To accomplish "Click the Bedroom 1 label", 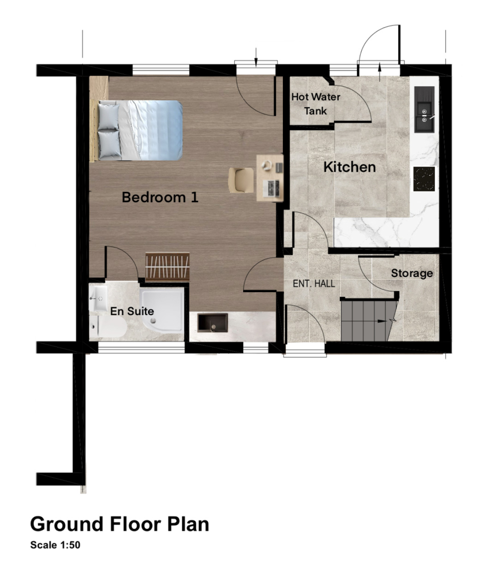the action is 160,198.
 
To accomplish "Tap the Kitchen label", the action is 350,167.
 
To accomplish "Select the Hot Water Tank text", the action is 316,104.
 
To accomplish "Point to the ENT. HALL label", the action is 314,283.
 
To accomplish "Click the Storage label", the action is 412,273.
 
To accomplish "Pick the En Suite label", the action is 132,311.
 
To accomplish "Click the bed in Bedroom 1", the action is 136,131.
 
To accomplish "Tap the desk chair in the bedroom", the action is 241,180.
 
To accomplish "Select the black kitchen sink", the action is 424,109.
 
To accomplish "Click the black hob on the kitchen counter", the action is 424,179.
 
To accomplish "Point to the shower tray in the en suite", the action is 162,310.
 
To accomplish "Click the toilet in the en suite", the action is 108,326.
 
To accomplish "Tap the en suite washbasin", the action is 98,298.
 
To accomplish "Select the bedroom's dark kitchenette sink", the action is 212,323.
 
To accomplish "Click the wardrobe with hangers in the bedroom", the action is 167,267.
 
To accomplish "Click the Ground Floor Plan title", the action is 119,524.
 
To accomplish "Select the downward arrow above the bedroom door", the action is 256,58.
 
